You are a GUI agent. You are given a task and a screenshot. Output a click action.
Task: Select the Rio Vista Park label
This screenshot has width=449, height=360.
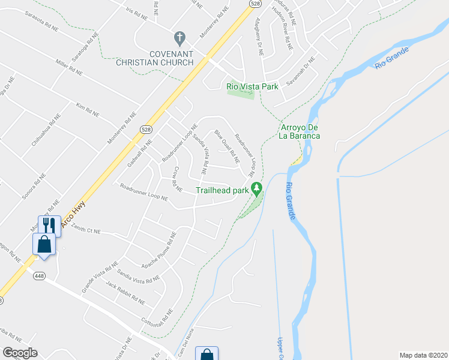(252, 86)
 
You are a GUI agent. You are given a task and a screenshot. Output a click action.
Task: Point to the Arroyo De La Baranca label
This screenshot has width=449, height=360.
(299, 131)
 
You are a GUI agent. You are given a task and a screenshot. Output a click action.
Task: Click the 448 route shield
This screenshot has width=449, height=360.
(39, 276)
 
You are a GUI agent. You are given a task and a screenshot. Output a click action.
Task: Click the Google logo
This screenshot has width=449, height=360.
(20, 353)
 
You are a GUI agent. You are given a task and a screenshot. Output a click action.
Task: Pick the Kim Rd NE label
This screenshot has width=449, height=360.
(88, 109)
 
